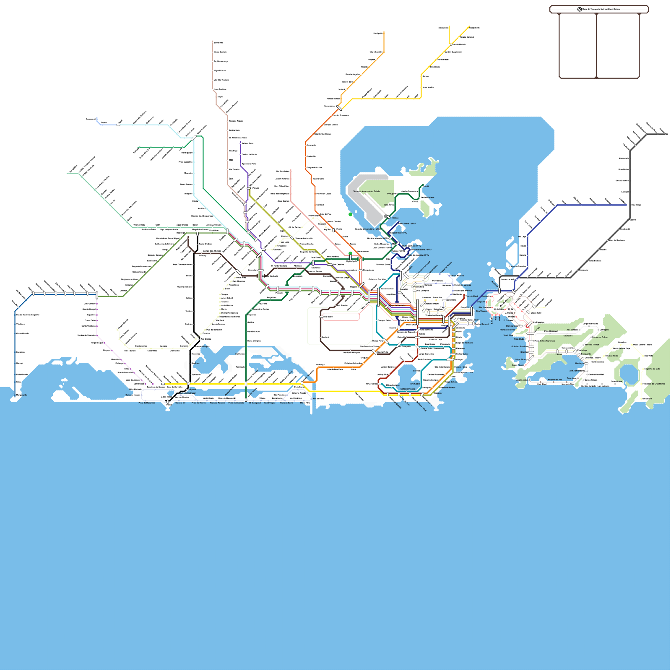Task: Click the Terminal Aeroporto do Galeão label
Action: coord(367,191)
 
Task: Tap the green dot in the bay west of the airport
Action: coord(350,214)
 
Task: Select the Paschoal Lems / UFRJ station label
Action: coord(421,250)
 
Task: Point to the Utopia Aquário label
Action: coord(457,276)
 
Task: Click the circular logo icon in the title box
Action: coord(580,9)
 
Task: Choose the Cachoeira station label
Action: coord(568,335)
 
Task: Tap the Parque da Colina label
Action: coord(600,337)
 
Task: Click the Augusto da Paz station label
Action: coord(555,380)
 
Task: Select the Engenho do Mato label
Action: coord(652,369)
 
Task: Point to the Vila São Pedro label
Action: coord(612,356)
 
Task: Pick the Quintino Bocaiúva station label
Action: coord(519,346)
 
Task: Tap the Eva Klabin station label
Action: coord(415,384)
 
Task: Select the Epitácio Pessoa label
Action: coord(407,389)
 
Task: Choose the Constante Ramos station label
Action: coord(447,388)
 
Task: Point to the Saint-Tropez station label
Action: coord(270,403)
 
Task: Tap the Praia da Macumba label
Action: coord(147,403)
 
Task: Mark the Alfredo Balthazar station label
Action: coord(188,393)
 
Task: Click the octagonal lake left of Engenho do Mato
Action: coord(628,373)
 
